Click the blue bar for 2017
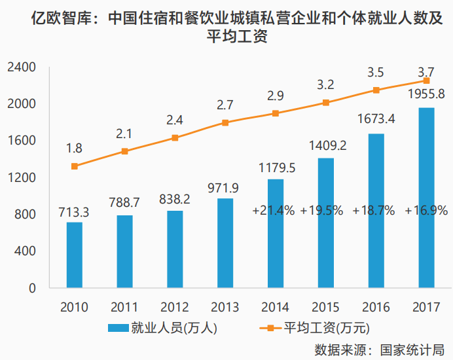(x=426, y=198)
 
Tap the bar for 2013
(x=225, y=243)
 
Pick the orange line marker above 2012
(x=175, y=137)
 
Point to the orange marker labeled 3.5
(x=376, y=90)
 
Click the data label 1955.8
(x=426, y=94)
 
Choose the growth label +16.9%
(x=426, y=210)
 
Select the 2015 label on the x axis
(x=326, y=306)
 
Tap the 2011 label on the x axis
(x=125, y=306)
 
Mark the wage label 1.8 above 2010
(x=74, y=148)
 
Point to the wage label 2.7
(x=225, y=104)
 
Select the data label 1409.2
(x=326, y=144)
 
